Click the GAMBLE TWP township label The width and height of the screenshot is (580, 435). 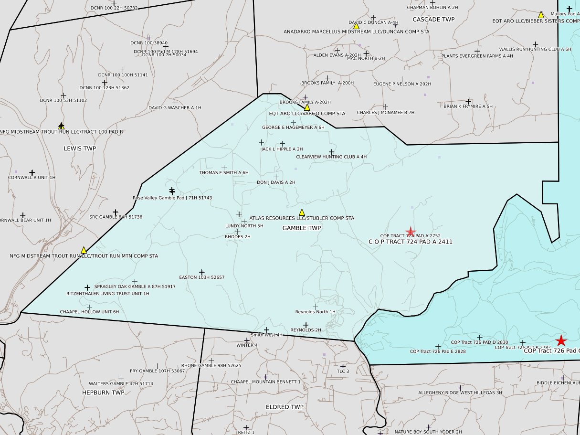coord(301,228)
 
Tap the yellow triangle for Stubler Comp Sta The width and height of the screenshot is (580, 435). coord(302,212)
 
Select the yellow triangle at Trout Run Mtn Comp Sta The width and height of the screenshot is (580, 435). coord(84,250)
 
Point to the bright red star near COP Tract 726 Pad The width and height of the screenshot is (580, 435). coord(561,341)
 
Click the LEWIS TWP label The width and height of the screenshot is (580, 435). coord(80,149)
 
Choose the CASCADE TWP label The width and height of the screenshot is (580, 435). coord(433,20)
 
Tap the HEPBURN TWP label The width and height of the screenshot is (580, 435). coord(103,393)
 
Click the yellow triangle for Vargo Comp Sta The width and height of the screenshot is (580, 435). coord(307,108)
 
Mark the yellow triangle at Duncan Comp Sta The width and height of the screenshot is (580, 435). coord(356,26)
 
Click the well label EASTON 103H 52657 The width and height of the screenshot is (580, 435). coord(201,277)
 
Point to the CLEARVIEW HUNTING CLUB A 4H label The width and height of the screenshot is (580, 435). coord(331,157)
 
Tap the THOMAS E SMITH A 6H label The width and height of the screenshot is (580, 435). coord(224,173)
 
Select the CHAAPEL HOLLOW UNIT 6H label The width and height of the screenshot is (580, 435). coord(89,312)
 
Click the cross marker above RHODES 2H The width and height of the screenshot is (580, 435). coord(237,232)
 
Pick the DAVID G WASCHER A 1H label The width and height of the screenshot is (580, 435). coord(175,108)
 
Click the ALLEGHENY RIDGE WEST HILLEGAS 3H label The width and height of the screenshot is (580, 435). coord(460,393)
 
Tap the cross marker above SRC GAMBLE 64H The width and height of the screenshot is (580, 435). coord(115,212)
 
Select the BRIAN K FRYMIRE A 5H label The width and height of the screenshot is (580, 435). coord(468,106)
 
